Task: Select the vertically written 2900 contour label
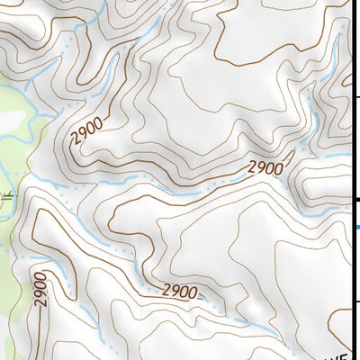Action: click(40, 290)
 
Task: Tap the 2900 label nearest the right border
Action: click(265, 167)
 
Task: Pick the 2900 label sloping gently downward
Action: click(180, 292)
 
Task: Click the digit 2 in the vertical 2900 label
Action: click(41, 302)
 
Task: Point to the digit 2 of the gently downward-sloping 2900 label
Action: click(167, 288)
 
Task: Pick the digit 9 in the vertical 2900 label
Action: click(40, 294)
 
